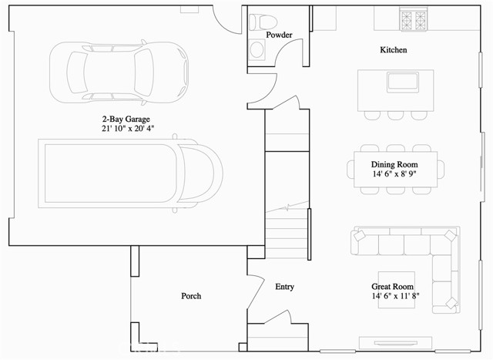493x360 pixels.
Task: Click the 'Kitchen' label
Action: [394, 50]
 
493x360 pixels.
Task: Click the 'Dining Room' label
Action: [394, 164]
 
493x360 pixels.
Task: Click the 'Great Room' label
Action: [394, 285]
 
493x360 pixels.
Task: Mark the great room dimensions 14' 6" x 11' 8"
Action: [394, 296]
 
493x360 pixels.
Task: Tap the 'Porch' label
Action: [191, 296]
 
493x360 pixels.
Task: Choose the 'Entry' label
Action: [284, 287]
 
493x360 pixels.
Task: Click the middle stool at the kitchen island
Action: [396, 114]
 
